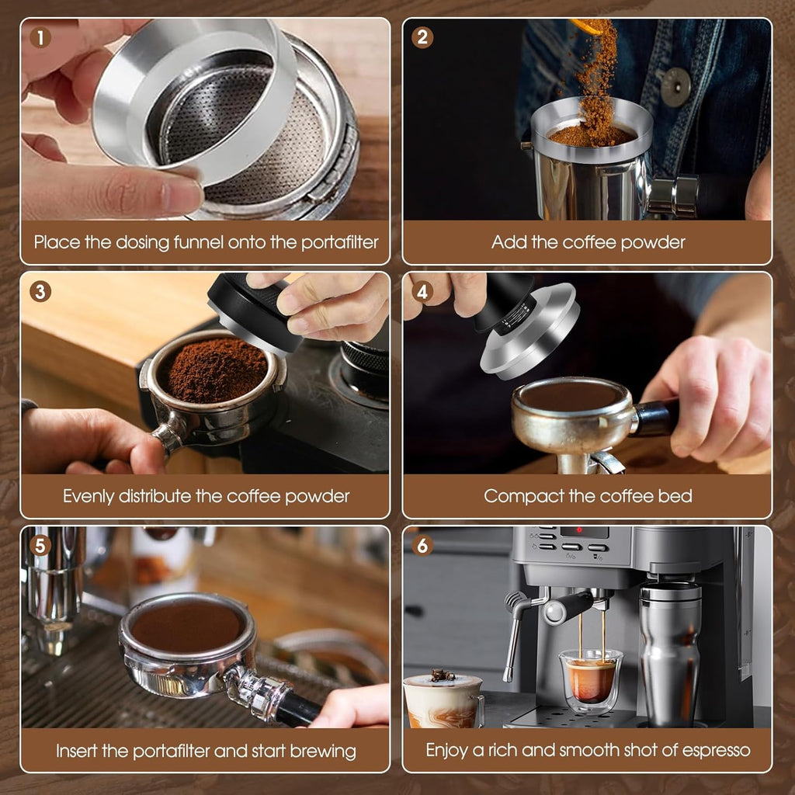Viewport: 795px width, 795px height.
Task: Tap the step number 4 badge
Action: coord(422,292)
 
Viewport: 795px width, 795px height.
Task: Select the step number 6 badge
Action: coord(422,546)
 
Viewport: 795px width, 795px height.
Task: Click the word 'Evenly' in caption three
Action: coord(89,496)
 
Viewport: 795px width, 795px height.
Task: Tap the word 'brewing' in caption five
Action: coord(323,751)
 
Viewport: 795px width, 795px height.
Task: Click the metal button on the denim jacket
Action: coord(675,87)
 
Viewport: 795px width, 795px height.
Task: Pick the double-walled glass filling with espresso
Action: coord(591,680)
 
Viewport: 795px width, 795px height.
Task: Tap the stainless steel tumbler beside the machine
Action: coord(670,653)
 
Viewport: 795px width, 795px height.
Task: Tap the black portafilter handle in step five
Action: coord(295,709)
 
